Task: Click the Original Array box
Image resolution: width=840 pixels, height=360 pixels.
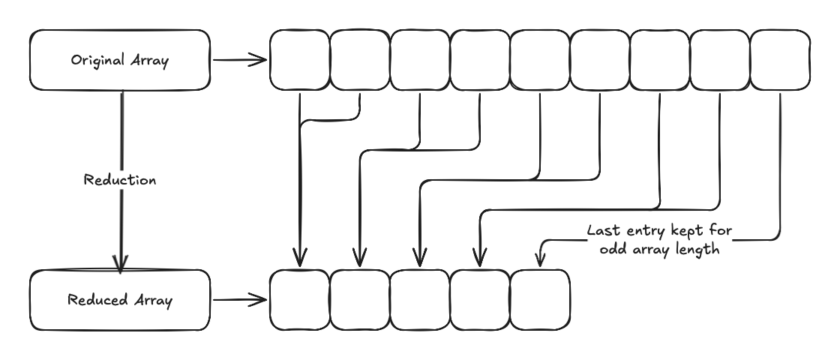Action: tap(119, 60)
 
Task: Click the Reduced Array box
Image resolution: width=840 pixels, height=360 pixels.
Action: tap(119, 301)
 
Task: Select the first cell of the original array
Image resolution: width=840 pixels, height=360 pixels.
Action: tap(300, 60)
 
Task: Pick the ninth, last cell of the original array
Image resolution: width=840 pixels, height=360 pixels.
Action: tap(780, 60)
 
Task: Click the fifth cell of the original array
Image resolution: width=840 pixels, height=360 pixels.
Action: tap(540, 60)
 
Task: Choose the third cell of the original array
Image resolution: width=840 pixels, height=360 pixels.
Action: tap(420, 60)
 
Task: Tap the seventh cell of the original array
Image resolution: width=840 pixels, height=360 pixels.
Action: tap(660, 60)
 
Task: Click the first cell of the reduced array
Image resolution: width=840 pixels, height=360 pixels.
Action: tap(300, 300)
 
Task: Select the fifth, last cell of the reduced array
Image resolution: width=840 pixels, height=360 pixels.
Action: tap(540, 300)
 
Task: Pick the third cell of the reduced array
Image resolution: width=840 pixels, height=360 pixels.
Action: tap(420, 300)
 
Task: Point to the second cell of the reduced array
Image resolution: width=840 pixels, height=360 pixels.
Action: tap(360, 300)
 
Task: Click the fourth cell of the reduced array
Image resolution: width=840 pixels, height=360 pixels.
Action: tap(480, 300)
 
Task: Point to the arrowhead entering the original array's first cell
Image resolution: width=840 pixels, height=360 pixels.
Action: tap(262, 59)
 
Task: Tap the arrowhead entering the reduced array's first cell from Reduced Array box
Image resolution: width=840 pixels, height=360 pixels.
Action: tap(262, 300)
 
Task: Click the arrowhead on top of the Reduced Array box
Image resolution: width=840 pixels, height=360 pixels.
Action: tap(120, 263)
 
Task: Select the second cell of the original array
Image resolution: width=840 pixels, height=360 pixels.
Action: tap(360, 60)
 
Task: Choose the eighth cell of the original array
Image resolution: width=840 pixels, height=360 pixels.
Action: tap(720, 60)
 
